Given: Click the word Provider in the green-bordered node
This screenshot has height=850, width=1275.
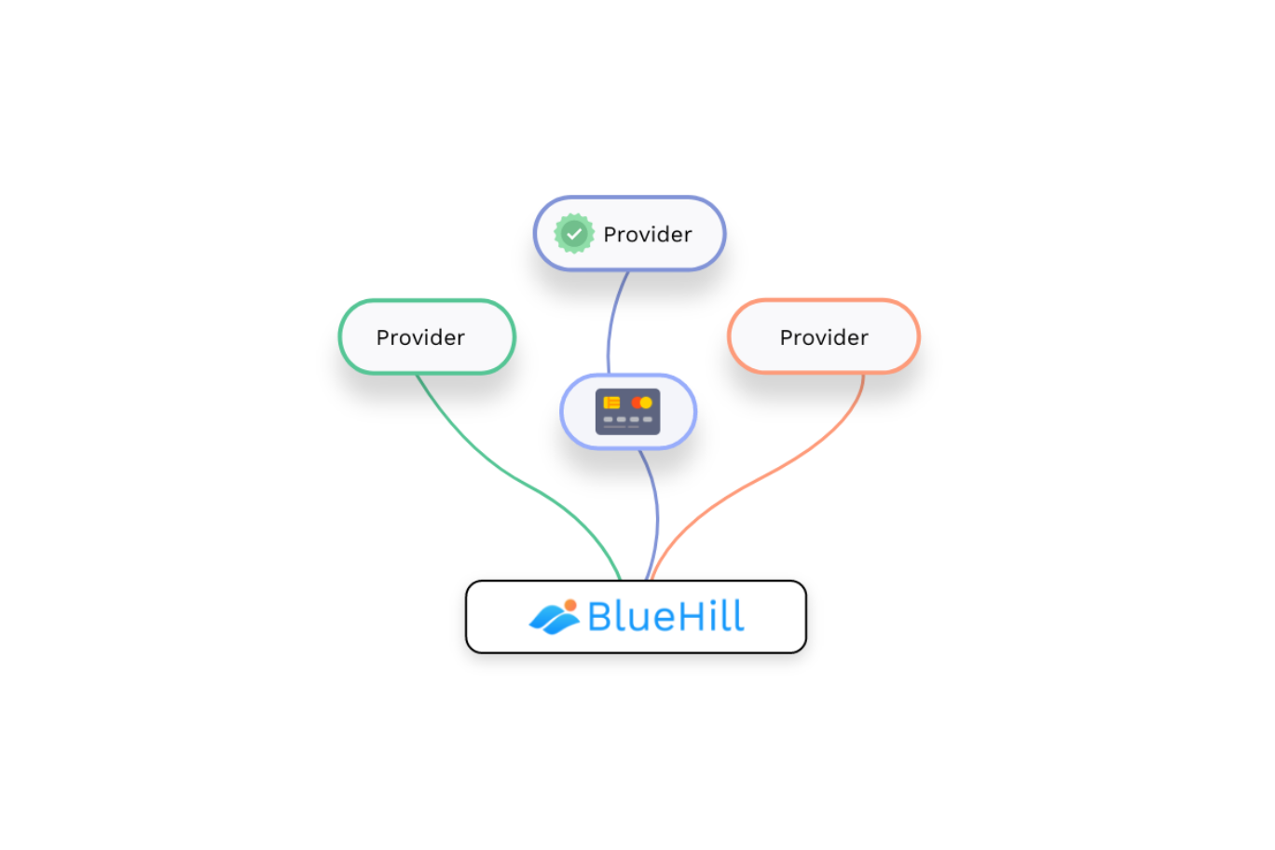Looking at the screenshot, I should [x=420, y=337].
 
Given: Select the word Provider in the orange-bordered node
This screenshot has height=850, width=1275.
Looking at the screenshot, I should [x=824, y=337].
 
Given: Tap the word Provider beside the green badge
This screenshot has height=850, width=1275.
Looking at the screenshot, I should [x=647, y=234].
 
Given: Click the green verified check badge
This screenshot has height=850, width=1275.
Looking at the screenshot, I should [x=574, y=233].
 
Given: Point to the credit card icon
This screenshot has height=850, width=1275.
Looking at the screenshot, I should [x=627, y=411].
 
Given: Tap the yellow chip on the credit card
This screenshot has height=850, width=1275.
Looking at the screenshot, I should [x=611, y=403].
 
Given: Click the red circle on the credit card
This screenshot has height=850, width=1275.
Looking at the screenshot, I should [x=637, y=403].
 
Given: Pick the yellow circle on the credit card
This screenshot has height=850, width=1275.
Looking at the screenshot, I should [x=646, y=403].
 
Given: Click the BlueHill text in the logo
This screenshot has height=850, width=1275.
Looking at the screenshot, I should [x=665, y=617].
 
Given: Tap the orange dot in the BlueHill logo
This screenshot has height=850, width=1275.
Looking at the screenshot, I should [x=570, y=605].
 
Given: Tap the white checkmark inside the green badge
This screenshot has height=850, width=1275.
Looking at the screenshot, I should [x=574, y=233].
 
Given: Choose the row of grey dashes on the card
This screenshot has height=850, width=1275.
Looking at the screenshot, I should [x=627, y=419].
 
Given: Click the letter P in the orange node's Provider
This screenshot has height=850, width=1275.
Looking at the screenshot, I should [x=786, y=337].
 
